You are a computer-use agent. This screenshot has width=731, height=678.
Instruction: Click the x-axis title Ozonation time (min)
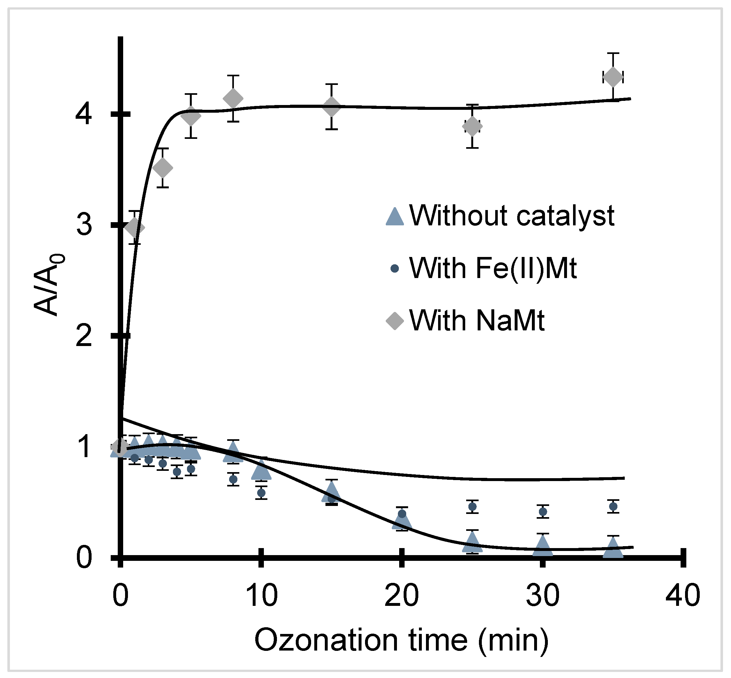401,640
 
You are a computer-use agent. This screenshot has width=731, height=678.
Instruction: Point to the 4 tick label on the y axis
83,115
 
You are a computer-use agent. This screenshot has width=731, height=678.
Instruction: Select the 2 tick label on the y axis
83,336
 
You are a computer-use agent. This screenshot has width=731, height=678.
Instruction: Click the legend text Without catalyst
512,216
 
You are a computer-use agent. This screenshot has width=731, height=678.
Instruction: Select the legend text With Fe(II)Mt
493,268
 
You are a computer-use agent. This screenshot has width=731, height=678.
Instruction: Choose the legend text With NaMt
477,321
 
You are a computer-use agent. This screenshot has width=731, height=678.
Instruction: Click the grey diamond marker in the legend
395,321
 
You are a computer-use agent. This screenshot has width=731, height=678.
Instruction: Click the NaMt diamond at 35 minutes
613,77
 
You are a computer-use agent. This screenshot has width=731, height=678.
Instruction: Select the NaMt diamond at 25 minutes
473,126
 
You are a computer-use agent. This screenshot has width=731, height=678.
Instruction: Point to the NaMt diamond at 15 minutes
332,107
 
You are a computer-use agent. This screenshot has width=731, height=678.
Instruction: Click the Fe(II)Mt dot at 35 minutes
613,506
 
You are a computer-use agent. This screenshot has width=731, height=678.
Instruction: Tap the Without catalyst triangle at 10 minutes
261,471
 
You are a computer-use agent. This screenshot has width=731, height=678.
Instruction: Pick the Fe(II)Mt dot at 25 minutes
473,506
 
